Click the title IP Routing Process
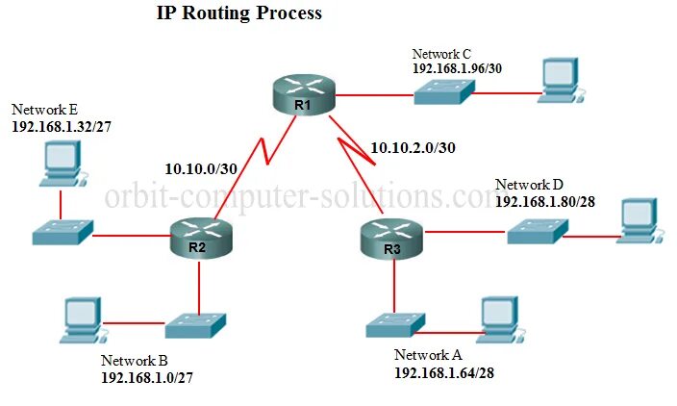point(239,14)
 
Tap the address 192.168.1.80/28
point(546,201)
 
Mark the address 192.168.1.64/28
point(444,371)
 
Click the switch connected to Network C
point(445,93)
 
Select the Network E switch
point(61,233)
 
